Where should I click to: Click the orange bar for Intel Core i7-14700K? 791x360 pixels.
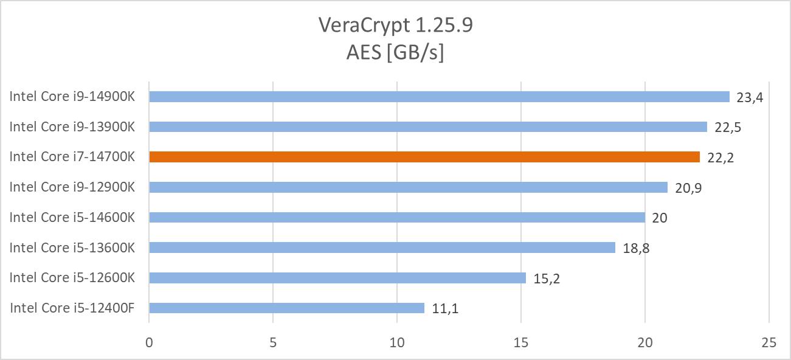424,157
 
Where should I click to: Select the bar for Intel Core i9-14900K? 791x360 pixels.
439,97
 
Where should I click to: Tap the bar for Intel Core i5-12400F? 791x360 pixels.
286,308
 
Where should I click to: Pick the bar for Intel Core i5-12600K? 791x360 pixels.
337,278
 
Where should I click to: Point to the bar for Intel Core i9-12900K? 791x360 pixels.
408,187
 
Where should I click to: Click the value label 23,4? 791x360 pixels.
750,97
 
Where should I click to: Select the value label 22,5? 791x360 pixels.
728,127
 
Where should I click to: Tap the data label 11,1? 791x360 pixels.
445,308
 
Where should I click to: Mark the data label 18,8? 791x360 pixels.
636,248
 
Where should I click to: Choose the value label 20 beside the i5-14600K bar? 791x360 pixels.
660,218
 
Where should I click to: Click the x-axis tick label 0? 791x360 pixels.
149,343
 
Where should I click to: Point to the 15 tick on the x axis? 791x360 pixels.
521,343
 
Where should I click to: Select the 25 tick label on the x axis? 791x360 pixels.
769,343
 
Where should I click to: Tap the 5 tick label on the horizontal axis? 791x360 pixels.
273,343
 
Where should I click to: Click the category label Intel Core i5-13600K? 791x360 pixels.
72,247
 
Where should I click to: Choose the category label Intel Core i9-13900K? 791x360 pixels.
72,126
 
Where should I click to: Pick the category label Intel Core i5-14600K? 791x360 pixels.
72,217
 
